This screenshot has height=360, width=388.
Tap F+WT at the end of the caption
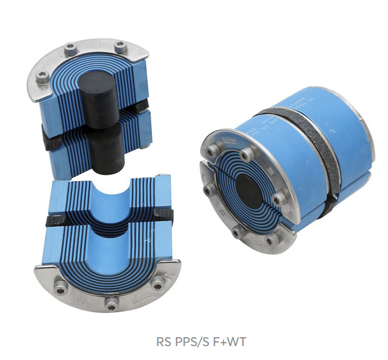click(x=228, y=342)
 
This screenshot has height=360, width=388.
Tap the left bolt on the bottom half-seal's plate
click(x=61, y=289)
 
